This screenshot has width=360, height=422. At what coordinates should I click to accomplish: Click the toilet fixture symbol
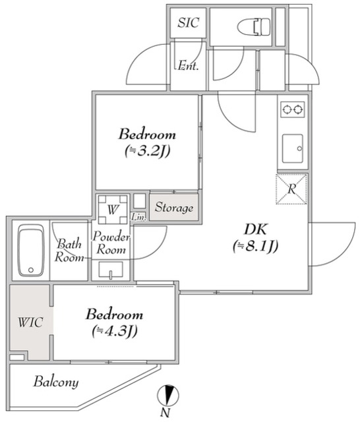click(254, 26)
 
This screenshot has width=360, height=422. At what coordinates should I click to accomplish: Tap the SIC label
click(189, 22)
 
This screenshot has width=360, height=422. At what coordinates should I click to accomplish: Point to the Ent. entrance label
click(188, 65)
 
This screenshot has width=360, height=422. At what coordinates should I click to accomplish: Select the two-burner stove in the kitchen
click(293, 109)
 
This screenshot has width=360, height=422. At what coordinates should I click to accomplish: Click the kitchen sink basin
click(293, 148)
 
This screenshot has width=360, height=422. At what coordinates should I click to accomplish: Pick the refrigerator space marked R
click(291, 189)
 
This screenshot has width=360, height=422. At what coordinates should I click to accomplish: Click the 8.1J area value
click(255, 246)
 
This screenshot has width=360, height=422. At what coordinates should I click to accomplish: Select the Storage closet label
click(174, 207)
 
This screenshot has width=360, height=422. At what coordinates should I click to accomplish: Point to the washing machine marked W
click(113, 210)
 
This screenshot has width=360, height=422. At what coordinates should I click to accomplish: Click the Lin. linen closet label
click(139, 217)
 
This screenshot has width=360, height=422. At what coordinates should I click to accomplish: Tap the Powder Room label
click(111, 243)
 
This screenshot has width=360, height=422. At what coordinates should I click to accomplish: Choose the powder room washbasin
click(111, 270)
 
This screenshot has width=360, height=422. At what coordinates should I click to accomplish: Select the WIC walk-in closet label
click(30, 322)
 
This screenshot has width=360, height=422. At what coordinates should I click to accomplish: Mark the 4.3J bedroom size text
click(115, 331)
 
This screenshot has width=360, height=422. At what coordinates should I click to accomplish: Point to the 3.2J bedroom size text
click(147, 151)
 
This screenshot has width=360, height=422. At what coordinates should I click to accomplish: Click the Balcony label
click(56, 382)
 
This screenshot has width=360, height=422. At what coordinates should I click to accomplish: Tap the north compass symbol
click(168, 396)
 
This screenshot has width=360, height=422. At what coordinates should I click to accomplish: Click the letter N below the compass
click(165, 413)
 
